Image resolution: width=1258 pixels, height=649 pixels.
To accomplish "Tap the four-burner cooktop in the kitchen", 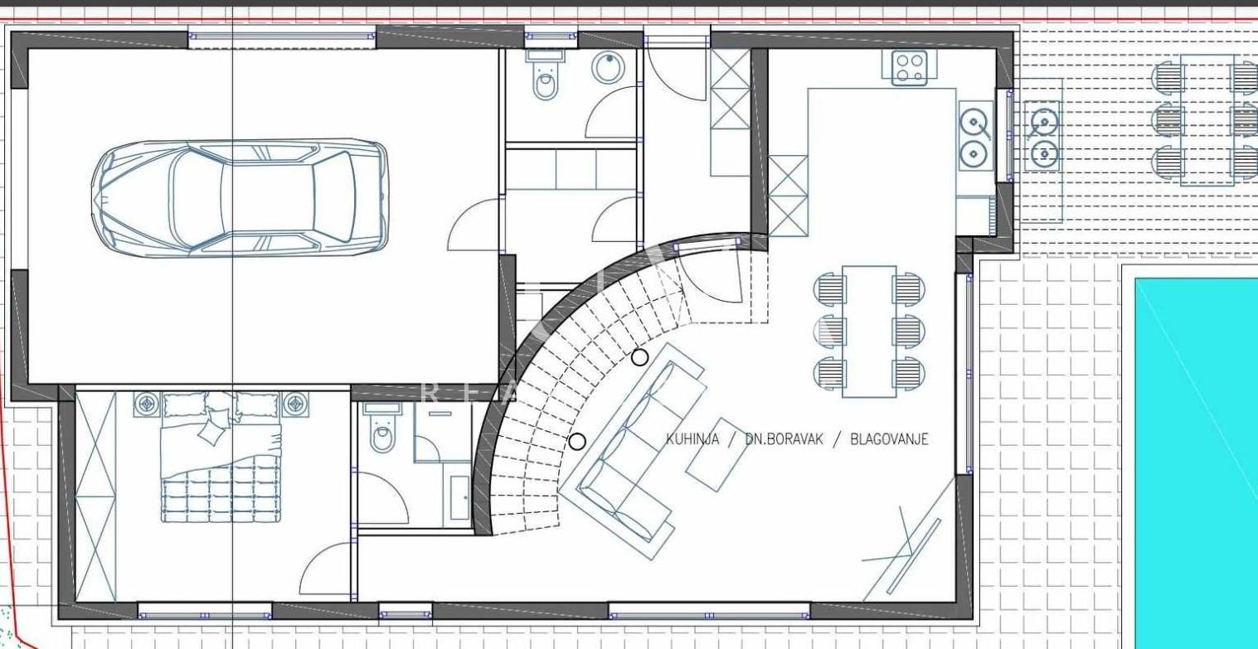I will point(910,68).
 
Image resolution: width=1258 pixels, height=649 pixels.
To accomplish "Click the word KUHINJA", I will point(692,439).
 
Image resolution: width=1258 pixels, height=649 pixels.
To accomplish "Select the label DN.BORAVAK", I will point(784,439).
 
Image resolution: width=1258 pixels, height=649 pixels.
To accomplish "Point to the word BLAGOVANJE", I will point(889,439).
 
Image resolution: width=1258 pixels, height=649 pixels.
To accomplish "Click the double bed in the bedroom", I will point(221,460).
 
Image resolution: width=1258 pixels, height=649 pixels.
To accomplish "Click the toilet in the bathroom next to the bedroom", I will point(381,431).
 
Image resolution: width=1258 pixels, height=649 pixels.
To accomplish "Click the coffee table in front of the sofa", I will point(718,454).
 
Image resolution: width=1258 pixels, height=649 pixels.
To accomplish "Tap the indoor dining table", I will point(868,332).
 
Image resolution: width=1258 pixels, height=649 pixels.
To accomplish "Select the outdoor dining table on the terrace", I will point(1205,120).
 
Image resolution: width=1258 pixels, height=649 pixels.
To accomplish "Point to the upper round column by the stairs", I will point(639,357).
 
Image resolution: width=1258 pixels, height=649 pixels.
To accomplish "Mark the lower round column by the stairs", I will point(577,441).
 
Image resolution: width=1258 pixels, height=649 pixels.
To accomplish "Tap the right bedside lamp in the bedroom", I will point(296,404).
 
